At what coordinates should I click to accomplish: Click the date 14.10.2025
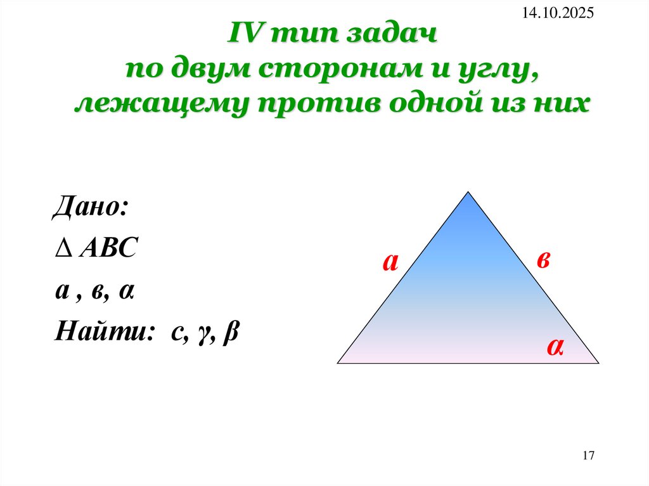pyautogui.click(x=558, y=13)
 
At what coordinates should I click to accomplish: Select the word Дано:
pyautogui.click(x=91, y=207)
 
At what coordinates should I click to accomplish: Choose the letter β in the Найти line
pyautogui.click(x=230, y=333)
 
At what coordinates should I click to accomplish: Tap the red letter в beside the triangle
pyautogui.click(x=543, y=260)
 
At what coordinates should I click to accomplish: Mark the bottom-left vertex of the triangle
pyautogui.click(x=337, y=363)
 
